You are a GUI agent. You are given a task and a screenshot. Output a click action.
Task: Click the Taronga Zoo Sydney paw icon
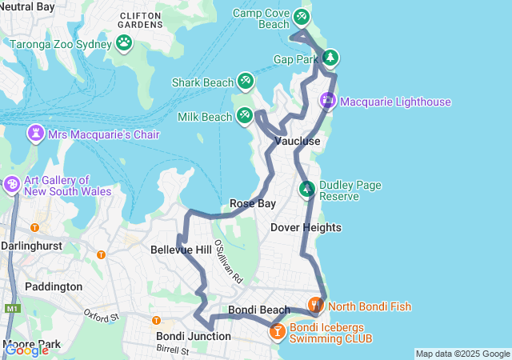tap(124, 42)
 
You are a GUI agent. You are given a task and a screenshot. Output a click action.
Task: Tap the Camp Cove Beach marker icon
tap(301, 16)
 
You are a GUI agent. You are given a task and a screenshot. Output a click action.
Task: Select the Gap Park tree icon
tap(330, 58)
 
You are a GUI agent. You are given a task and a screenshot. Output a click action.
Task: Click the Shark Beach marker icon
tap(246, 81)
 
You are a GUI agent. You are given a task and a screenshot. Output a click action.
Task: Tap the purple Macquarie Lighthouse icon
tap(328, 101)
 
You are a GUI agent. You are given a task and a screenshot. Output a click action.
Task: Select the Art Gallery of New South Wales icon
tap(12, 186)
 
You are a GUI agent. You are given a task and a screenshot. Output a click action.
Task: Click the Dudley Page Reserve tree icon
tap(306, 190)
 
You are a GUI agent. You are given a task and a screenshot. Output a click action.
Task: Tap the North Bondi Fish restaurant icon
tap(316, 305)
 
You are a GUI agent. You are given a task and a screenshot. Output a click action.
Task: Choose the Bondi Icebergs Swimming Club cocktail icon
tap(277, 330)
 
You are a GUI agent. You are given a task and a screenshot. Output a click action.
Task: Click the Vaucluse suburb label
tap(297, 142)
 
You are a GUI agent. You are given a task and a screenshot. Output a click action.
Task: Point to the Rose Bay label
tap(253, 204)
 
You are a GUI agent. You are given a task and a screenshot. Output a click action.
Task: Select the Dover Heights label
tap(306, 228)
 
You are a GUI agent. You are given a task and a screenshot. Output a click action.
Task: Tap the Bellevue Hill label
tap(181, 250)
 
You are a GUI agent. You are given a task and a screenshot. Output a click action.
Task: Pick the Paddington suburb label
tap(54, 286)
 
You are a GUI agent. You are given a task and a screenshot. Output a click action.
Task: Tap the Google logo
tap(26, 350)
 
